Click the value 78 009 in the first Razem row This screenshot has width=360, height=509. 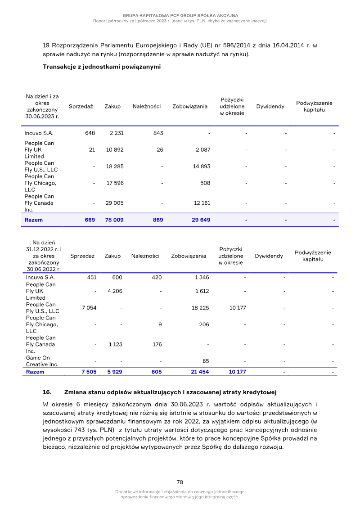click(x=114, y=220)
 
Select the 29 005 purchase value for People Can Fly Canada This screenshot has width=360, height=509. click(x=114, y=203)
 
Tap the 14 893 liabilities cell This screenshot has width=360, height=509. click(x=202, y=167)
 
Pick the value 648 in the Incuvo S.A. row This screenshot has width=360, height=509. click(x=90, y=133)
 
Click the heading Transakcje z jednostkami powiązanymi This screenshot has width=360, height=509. click(x=102, y=67)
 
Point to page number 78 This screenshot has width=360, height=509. click(x=180, y=482)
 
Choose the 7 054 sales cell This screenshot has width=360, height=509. click(x=89, y=308)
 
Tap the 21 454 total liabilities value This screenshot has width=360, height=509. click(x=200, y=372)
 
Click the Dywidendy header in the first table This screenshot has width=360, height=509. click(x=270, y=107)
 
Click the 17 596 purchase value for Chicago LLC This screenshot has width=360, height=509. click(x=114, y=183)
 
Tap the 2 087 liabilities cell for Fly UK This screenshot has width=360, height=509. click(x=202, y=150)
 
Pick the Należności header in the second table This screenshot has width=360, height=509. click(x=145, y=256)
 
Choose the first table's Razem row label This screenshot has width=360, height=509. click(x=34, y=220)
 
